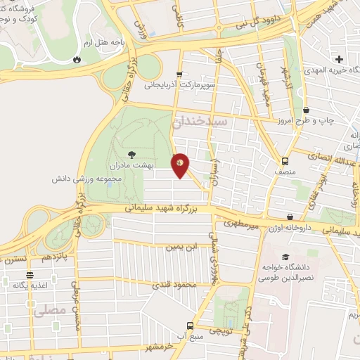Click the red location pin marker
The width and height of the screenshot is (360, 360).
point(181,165)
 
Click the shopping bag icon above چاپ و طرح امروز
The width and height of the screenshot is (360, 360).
point(307,110)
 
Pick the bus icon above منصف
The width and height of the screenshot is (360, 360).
point(285,160)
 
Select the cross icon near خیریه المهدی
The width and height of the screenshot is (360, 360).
point(340,59)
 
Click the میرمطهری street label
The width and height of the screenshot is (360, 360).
point(243,223)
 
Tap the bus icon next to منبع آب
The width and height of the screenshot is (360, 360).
point(190,326)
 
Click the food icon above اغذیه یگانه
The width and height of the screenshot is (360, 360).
point(30,275)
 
